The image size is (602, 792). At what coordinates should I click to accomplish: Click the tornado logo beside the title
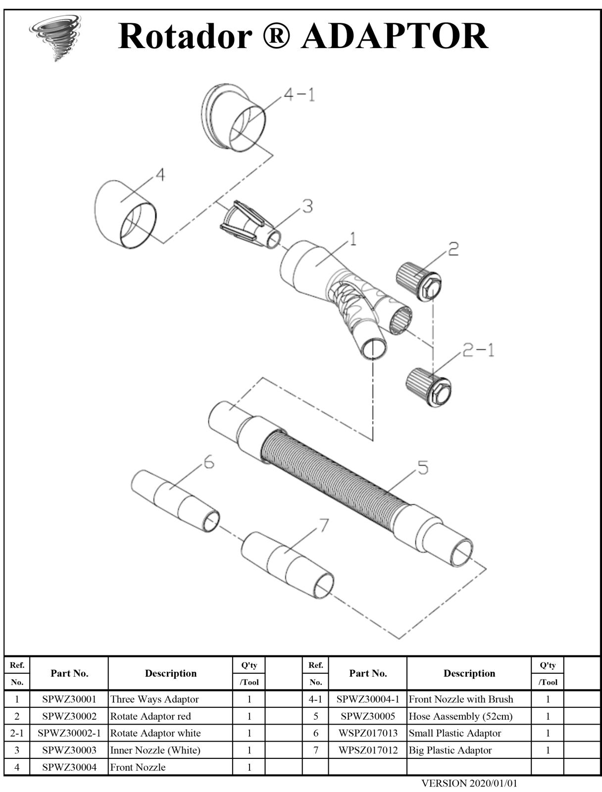(x=55, y=38)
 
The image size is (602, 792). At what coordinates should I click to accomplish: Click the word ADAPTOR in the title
(x=395, y=36)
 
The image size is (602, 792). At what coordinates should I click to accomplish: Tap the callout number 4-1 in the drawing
(x=300, y=95)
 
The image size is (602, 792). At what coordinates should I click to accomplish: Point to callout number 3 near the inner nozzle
(x=307, y=206)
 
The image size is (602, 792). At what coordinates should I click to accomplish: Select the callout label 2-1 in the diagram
(x=478, y=350)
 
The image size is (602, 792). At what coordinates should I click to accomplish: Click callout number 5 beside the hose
(x=423, y=468)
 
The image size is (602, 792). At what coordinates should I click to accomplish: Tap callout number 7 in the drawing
(x=324, y=525)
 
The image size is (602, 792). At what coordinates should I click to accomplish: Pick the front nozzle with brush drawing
(x=233, y=118)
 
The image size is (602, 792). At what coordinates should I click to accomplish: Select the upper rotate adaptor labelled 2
(x=419, y=281)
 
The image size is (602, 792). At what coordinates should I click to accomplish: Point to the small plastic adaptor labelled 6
(x=175, y=500)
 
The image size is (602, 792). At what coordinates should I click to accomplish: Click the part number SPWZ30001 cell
(x=69, y=699)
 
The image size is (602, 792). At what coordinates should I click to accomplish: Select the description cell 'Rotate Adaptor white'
(x=155, y=733)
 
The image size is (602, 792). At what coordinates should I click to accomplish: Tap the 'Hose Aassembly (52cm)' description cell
(x=460, y=716)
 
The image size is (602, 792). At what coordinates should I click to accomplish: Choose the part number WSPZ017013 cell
(x=368, y=733)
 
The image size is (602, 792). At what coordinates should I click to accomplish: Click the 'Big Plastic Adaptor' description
(x=450, y=750)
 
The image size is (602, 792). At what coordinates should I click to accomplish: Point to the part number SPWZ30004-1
(x=368, y=699)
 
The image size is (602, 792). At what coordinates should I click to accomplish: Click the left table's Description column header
(x=171, y=673)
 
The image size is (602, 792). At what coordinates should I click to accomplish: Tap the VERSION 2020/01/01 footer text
(x=469, y=783)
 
